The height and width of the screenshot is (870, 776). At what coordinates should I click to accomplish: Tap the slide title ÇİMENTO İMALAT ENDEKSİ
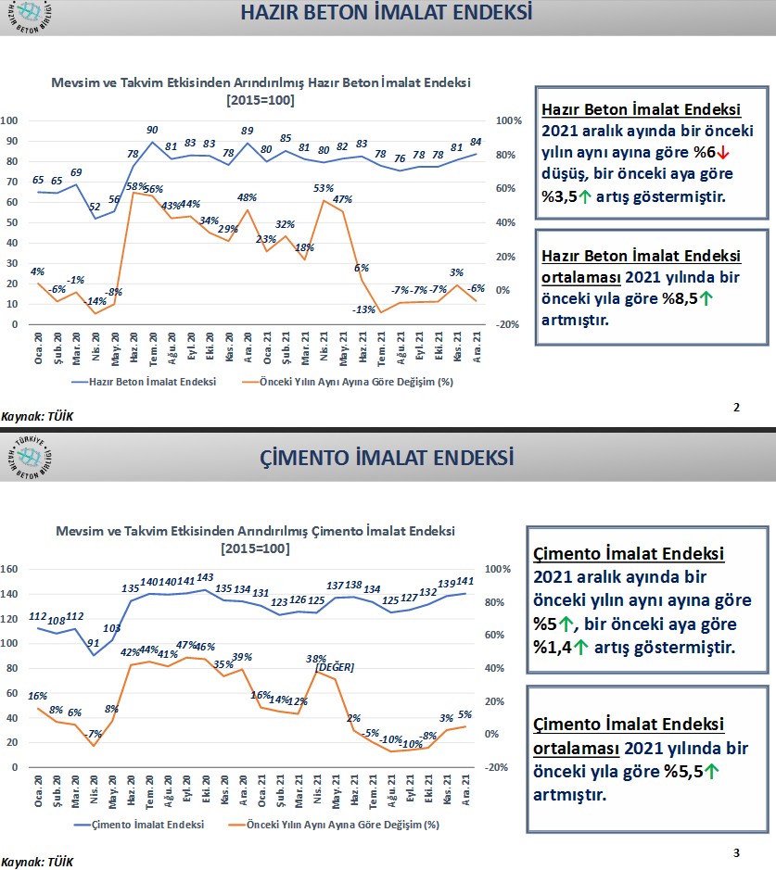(387, 457)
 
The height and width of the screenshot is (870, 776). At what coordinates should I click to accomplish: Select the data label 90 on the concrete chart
(152, 131)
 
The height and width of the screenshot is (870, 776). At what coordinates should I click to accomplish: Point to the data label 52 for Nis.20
(96, 208)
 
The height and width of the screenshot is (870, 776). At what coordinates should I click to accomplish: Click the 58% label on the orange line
(134, 186)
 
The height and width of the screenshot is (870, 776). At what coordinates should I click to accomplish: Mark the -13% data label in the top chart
(364, 309)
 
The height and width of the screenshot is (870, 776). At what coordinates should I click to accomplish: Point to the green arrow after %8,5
(706, 298)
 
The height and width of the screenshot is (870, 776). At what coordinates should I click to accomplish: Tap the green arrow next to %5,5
(711, 771)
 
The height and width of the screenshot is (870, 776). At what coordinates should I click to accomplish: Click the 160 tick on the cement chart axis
(12, 569)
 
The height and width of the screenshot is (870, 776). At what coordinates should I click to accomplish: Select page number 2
(736, 407)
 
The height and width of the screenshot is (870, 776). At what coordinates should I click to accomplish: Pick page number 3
(736, 851)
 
